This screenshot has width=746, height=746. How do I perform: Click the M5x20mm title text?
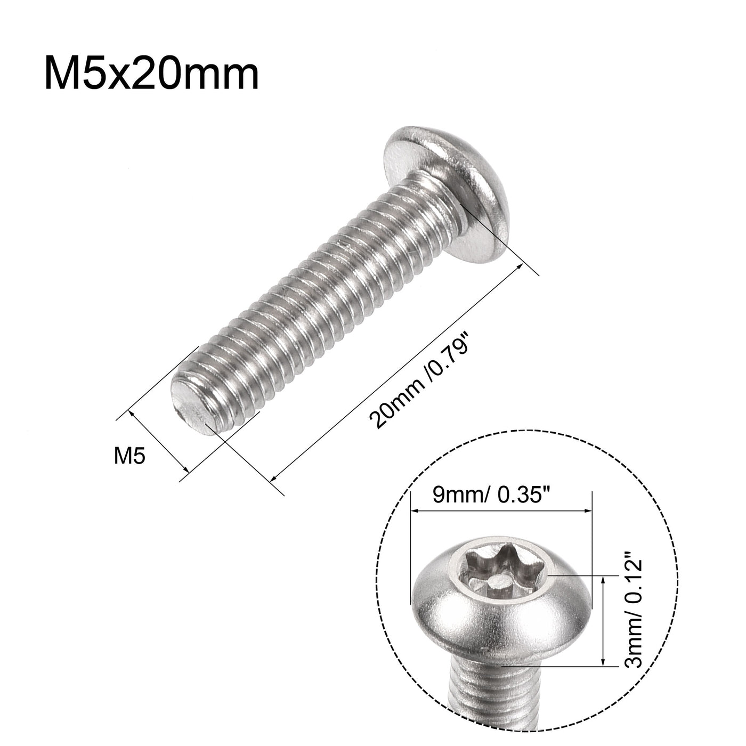tap(151, 75)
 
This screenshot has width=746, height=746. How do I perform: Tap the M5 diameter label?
tap(129, 457)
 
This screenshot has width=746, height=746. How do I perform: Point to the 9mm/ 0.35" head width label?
tap(498, 496)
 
